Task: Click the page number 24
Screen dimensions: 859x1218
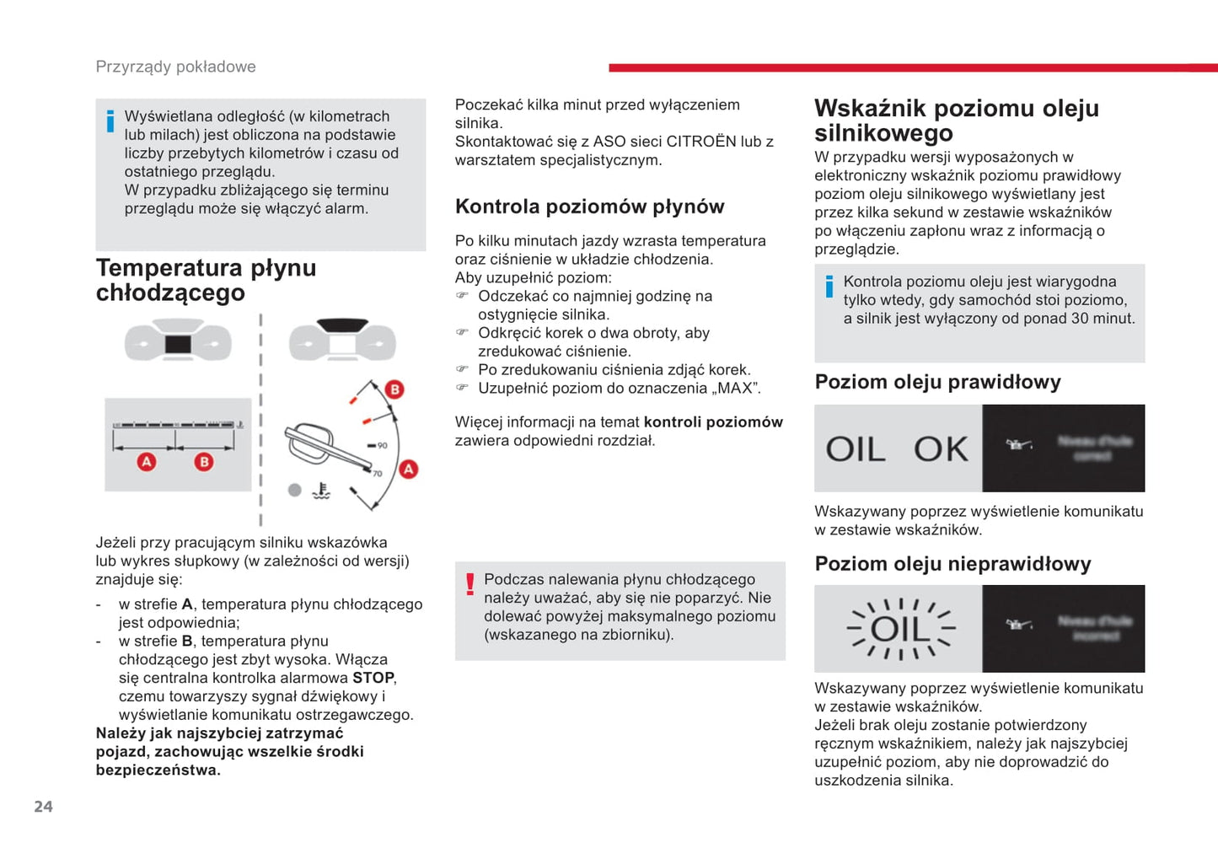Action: pyautogui.click(x=43, y=807)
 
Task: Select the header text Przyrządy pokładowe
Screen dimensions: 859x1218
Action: pyautogui.click(x=175, y=67)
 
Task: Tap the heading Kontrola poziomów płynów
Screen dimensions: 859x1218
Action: pyautogui.click(x=589, y=207)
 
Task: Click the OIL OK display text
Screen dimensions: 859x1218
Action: pyautogui.click(x=897, y=449)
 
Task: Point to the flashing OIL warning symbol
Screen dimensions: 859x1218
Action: pyautogui.click(x=900, y=629)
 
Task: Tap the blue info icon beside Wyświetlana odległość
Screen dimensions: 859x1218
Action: pyautogui.click(x=110, y=121)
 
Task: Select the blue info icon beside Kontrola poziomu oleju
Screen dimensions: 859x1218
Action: pyautogui.click(x=829, y=287)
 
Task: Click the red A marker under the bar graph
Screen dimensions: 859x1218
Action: pyautogui.click(x=147, y=462)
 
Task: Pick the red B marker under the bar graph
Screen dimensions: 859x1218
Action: pyautogui.click(x=203, y=462)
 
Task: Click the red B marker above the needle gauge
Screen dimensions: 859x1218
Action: pyautogui.click(x=394, y=389)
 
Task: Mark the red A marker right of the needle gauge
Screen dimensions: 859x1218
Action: pyautogui.click(x=409, y=469)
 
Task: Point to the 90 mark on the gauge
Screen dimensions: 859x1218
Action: pyautogui.click(x=382, y=445)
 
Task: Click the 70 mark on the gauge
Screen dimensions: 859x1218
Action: pyautogui.click(x=377, y=474)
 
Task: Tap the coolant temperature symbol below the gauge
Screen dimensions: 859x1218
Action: pyautogui.click(x=321, y=491)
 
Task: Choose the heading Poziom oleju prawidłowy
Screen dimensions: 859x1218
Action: pyautogui.click(x=937, y=382)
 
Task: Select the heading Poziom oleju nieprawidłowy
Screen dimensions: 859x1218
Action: pyautogui.click(x=952, y=564)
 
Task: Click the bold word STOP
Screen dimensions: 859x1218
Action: pyautogui.click(x=373, y=678)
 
